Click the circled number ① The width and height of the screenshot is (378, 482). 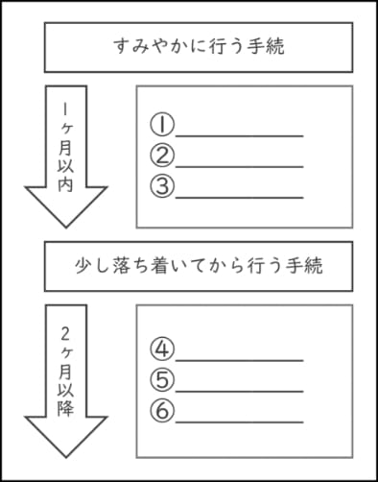pyautogui.click(x=162, y=125)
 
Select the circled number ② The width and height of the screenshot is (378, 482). pyautogui.click(x=162, y=156)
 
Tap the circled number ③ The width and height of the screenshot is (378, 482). pyautogui.click(x=162, y=186)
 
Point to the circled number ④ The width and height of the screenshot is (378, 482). pyautogui.click(x=162, y=349)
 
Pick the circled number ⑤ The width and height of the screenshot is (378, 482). pyautogui.click(x=162, y=380)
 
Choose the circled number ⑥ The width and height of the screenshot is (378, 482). pyautogui.click(x=162, y=411)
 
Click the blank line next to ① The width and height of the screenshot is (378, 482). pyautogui.click(x=239, y=136)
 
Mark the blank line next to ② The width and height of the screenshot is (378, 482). pyautogui.click(x=239, y=167)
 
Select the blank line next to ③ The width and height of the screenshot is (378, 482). pyautogui.click(x=239, y=198)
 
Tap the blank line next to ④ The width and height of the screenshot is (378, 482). pyautogui.click(x=239, y=361)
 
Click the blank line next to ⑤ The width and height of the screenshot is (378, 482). pyautogui.click(x=239, y=392)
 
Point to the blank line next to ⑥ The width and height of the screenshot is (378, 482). pyautogui.click(x=239, y=422)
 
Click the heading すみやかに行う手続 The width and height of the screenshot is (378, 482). pyautogui.click(x=199, y=47)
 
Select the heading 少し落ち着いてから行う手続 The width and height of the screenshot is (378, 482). pyautogui.click(x=199, y=266)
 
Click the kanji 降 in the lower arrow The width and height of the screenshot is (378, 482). pyautogui.click(x=65, y=407)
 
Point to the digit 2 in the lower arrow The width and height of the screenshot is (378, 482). pyautogui.click(x=65, y=335)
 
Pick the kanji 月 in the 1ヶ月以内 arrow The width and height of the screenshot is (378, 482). pyautogui.click(x=65, y=148)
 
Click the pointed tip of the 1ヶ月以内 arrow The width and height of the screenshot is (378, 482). pyautogui.click(x=66, y=228)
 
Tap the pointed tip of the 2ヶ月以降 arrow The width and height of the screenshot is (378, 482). pyautogui.click(x=66, y=457)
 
